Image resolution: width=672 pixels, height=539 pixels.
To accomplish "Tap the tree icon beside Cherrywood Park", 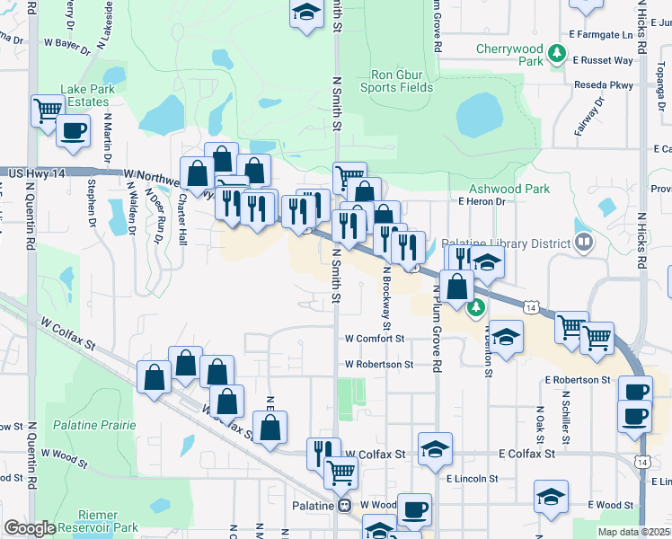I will pyautogui.click(x=558, y=55).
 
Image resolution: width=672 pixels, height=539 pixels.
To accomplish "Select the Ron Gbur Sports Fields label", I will pyautogui.click(x=397, y=81).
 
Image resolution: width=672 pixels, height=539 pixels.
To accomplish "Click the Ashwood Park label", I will pyautogui.click(x=509, y=189).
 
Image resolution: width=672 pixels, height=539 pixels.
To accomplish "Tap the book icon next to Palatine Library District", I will pyautogui.click(x=584, y=243).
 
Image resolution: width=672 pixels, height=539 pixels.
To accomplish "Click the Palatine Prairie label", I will pyautogui.click(x=93, y=424).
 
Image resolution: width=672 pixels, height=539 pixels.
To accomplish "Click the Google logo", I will pyautogui.click(x=30, y=528).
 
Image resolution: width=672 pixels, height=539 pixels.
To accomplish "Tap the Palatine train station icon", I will pyautogui.click(x=343, y=506).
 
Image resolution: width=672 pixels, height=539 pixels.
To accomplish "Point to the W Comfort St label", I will pyautogui.click(x=376, y=339).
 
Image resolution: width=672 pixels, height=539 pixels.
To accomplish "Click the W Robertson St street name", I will pyautogui.click(x=379, y=365).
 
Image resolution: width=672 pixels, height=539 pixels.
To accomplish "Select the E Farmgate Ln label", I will pyautogui.click(x=601, y=34).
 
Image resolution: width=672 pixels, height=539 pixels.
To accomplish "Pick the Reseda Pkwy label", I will pyautogui.click(x=606, y=85).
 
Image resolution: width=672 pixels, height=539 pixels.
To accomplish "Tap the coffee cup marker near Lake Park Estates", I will pyautogui.click(x=73, y=131).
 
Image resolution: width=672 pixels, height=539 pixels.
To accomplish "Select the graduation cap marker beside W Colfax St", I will pyautogui.click(x=436, y=448).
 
